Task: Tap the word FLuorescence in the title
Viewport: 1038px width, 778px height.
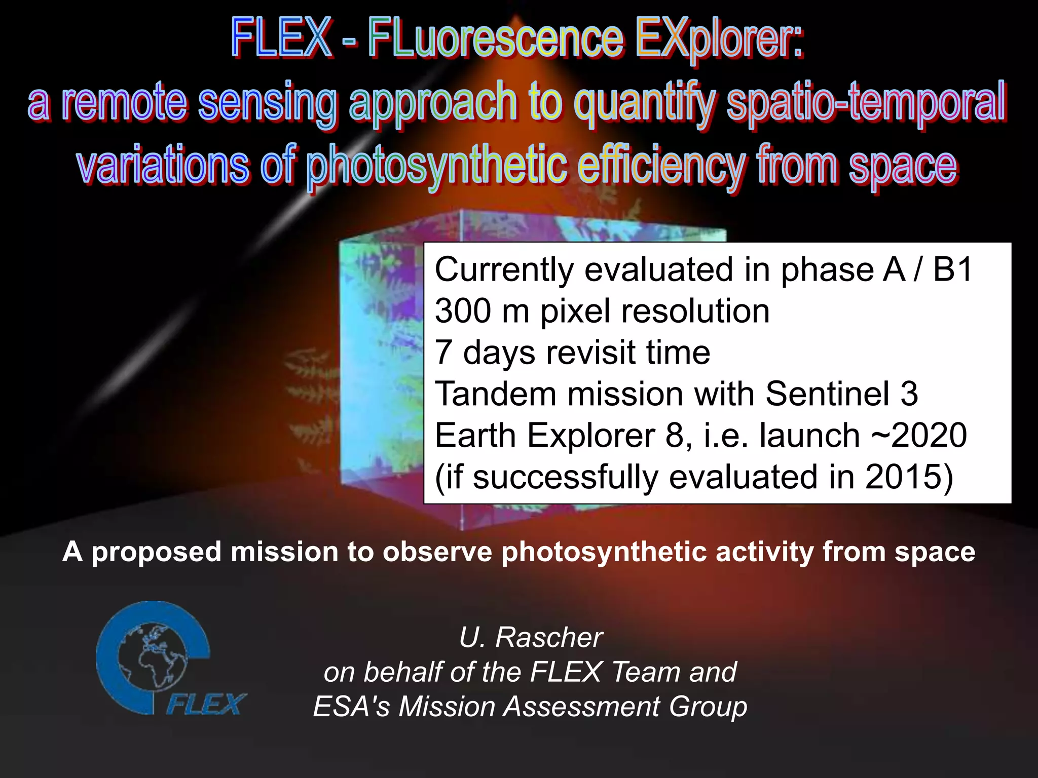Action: pyautogui.click(x=495, y=38)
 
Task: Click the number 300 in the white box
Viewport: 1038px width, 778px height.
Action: pyautogui.click(x=463, y=310)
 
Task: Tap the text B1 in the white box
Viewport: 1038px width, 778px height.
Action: pyautogui.click(x=952, y=269)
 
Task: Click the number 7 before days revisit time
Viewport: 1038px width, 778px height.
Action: pyautogui.click(x=443, y=353)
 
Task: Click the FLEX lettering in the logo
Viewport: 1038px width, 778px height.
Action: pyautogui.click(x=206, y=704)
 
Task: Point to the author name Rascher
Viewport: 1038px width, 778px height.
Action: pyautogui.click(x=549, y=637)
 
